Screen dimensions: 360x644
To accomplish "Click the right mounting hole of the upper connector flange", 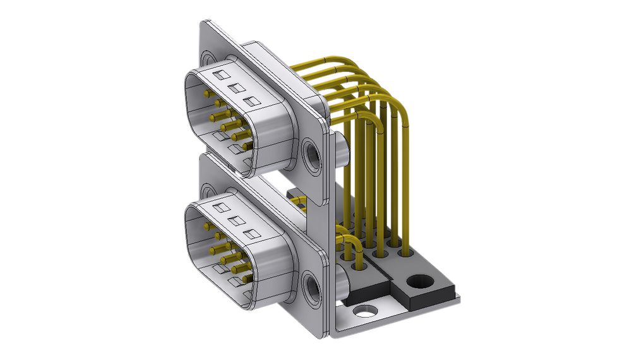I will (x=311, y=153).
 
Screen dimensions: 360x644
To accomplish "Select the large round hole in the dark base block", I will (x=417, y=281).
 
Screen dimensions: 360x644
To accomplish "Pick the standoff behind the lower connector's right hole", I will (x=341, y=285).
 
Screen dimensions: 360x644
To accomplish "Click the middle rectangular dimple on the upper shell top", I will (x=237, y=89).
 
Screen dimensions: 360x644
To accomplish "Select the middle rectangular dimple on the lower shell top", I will (x=237, y=222).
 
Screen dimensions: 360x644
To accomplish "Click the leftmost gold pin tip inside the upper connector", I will (x=206, y=93).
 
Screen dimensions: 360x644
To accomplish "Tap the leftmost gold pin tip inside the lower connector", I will (x=206, y=226).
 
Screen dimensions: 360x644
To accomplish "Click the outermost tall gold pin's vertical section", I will (x=408, y=189).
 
